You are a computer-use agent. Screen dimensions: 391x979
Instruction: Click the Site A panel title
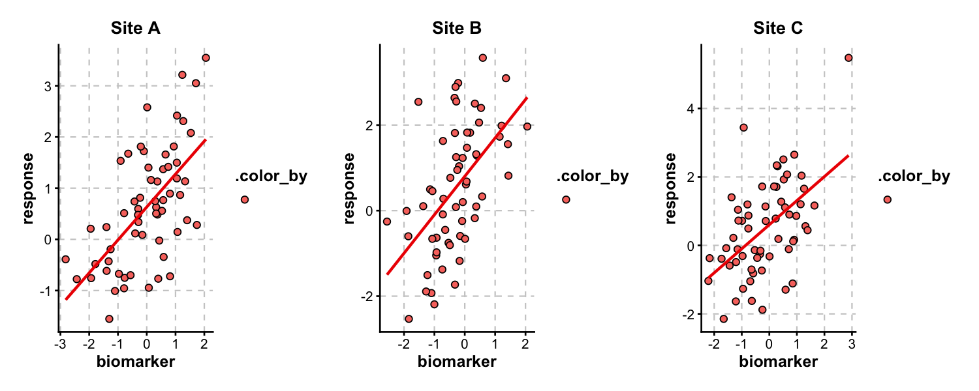pyautogui.click(x=136, y=29)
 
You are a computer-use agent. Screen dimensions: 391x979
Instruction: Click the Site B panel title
pyautogui.click(x=457, y=29)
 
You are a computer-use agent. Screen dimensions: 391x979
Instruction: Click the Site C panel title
pyautogui.click(x=778, y=29)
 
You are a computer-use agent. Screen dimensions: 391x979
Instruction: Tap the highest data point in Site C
pyautogui.click(x=848, y=58)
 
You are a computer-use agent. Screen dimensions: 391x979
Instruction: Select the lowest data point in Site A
pyautogui.click(x=109, y=319)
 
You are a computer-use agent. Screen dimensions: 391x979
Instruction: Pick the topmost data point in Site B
pyautogui.click(x=483, y=58)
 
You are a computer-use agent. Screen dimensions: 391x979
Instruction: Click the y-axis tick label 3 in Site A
pyautogui.click(x=48, y=86)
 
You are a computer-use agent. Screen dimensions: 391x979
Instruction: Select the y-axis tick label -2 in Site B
pyautogui.click(x=366, y=297)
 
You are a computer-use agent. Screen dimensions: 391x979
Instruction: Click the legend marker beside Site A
pyautogui.click(x=245, y=199)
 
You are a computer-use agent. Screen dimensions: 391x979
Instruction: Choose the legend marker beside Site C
pyautogui.click(x=887, y=199)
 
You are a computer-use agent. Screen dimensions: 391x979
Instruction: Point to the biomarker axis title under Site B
pyautogui.click(x=457, y=362)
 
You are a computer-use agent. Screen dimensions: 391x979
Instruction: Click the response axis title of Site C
pyautogui.click(x=672, y=188)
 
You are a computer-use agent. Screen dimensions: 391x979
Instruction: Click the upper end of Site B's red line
pyautogui.click(x=527, y=98)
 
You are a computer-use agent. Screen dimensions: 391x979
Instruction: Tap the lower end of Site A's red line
pyautogui.click(x=66, y=299)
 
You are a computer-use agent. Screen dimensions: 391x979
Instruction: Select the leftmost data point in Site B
pyautogui.click(x=386, y=222)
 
